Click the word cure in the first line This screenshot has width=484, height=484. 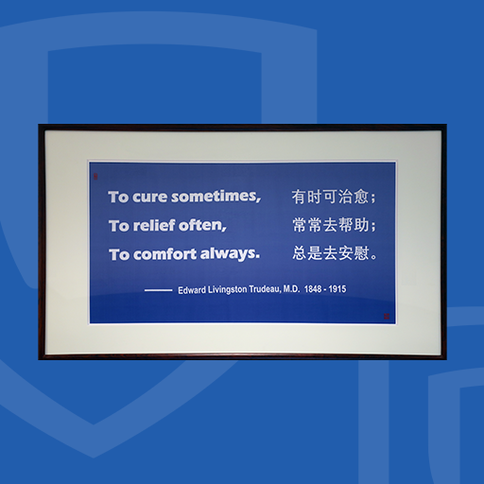point(149,198)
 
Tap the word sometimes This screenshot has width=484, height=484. point(216,197)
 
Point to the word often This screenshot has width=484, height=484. point(202,225)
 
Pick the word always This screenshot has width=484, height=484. point(230,253)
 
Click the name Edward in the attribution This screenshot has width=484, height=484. point(192,290)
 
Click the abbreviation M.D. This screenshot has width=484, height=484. point(291,289)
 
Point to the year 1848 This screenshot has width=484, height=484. point(313,289)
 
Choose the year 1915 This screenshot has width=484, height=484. point(337,289)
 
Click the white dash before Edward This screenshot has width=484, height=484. point(158,290)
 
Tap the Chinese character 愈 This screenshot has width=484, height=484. point(361,197)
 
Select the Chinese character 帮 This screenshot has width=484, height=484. point(346,225)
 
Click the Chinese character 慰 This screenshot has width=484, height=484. point(361,253)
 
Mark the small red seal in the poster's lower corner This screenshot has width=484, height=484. point(387,316)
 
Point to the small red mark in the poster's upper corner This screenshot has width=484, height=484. point(95,177)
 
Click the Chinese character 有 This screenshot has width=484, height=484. point(299,197)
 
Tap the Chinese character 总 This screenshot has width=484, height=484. point(300,253)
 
